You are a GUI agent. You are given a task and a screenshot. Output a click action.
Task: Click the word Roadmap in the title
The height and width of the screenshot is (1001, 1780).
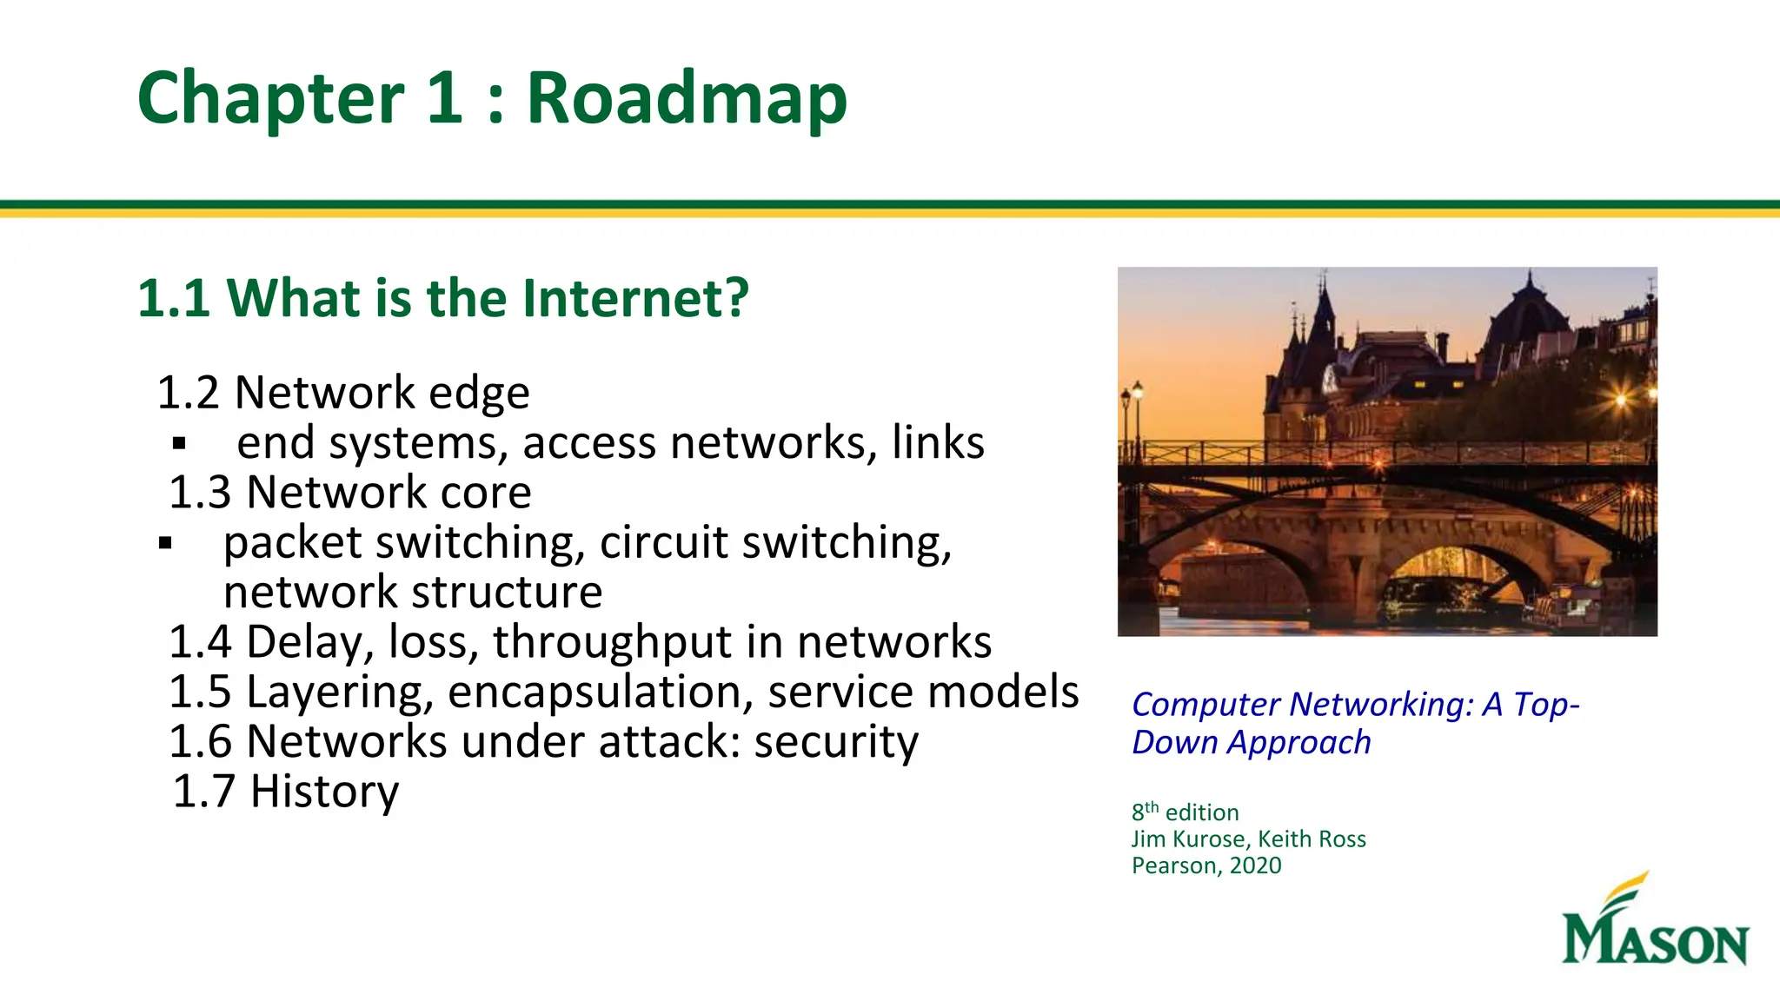point(687,99)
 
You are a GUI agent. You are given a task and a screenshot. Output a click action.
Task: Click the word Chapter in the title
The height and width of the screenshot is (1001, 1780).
point(270,99)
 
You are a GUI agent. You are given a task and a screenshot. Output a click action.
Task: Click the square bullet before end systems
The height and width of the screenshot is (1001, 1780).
point(180,444)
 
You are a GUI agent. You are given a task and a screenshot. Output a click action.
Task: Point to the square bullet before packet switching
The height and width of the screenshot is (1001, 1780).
point(166,545)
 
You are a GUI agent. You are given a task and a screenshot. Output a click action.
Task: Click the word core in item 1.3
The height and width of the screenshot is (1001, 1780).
point(486,493)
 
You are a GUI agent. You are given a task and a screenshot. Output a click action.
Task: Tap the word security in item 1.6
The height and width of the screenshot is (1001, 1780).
point(835,742)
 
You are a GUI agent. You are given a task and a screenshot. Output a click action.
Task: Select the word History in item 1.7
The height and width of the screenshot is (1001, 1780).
point(324,792)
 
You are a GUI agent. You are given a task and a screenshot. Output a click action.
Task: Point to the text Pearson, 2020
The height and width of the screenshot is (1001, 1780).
point(1205,865)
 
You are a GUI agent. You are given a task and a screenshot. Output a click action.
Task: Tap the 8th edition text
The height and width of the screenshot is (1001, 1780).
point(1185,812)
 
